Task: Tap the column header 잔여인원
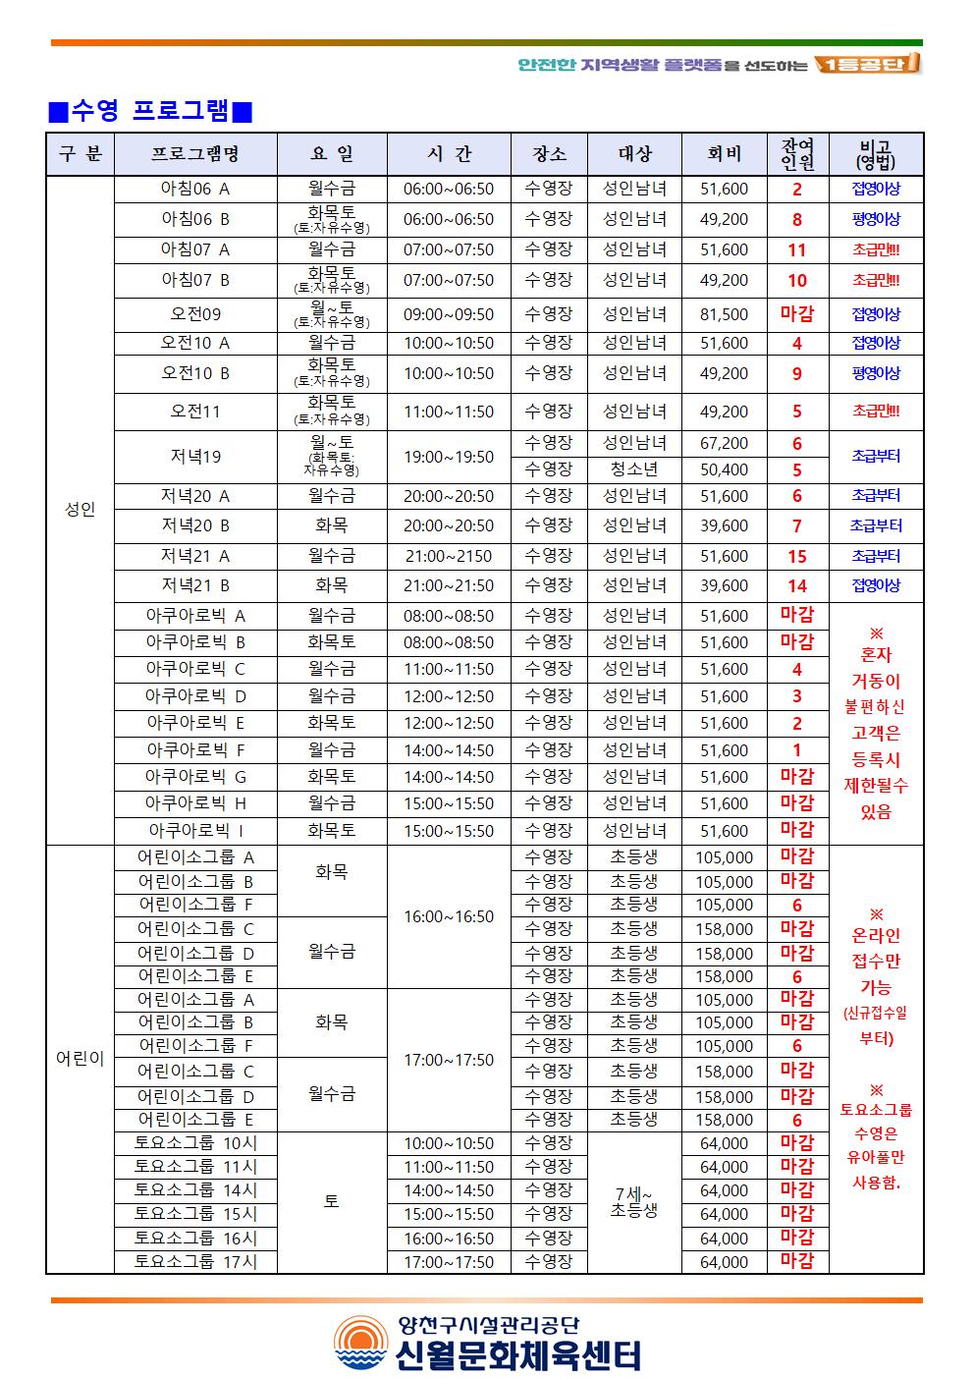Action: click(x=797, y=154)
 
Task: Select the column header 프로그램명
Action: click(x=194, y=154)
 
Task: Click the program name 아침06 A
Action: click(x=194, y=189)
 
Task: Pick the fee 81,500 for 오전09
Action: click(x=724, y=314)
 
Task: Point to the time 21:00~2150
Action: click(x=449, y=556)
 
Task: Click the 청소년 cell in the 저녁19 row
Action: click(x=633, y=469)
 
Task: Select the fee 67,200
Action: click(x=724, y=443)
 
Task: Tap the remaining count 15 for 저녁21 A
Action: click(x=797, y=556)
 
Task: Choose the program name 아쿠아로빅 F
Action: click(x=194, y=749)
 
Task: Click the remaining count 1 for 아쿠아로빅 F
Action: click(x=797, y=749)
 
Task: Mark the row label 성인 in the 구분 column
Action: click(x=80, y=510)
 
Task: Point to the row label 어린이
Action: click(x=80, y=1059)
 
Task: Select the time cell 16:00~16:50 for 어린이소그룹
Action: click(x=449, y=916)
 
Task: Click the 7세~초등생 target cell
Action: click(x=633, y=1202)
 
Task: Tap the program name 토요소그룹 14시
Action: click(x=194, y=1190)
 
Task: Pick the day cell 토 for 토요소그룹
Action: click(x=331, y=1202)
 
